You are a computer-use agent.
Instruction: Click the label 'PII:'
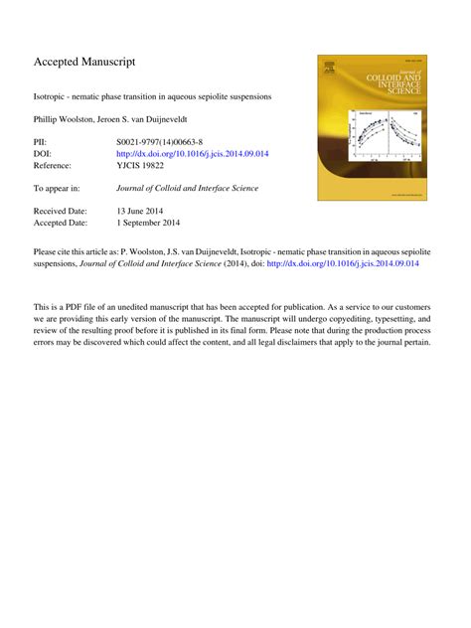coord(42,143)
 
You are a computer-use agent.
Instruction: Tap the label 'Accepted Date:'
coord(62,223)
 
